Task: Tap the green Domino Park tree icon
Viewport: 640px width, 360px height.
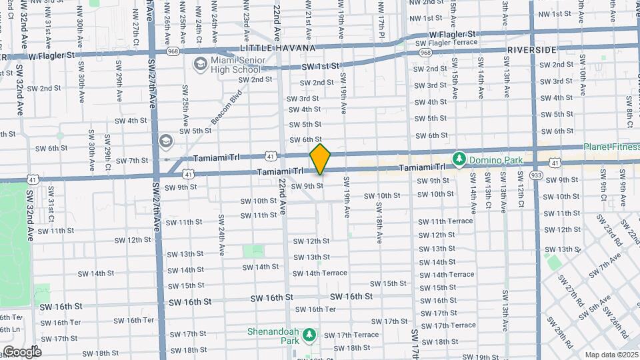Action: click(x=459, y=159)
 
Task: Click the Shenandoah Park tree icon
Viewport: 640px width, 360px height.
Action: click(x=309, y=334)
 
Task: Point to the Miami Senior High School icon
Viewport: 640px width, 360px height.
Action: click(x=199, y=64)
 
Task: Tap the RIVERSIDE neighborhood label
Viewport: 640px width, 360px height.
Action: click(x=531, y=50)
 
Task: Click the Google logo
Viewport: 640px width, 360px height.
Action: click(x=21, y=352)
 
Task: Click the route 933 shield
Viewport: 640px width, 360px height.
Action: click(x=536, y=175)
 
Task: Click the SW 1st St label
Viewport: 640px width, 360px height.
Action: click(x=321, y=66)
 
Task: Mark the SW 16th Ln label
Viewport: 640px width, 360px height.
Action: click(x=9, y=329)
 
